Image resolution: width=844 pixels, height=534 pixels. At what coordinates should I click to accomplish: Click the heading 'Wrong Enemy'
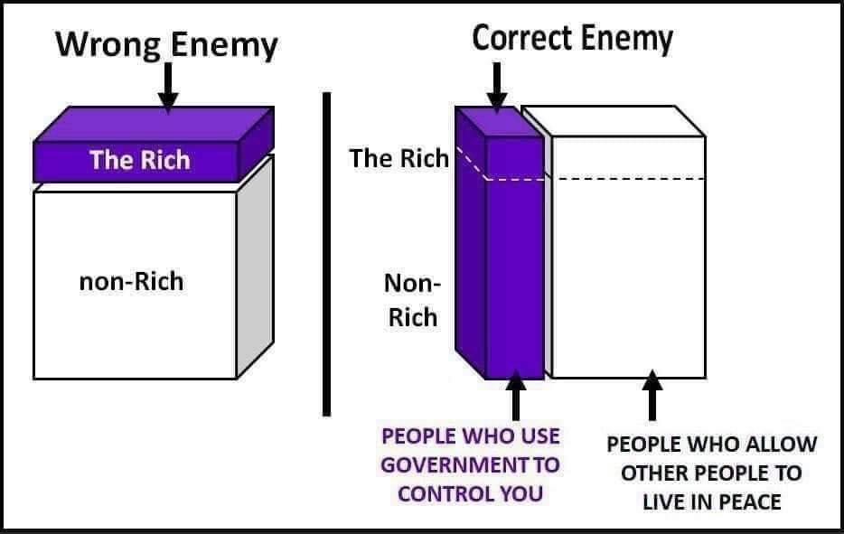point(167,44)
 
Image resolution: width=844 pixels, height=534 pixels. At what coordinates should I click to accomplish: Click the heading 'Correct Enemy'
point(572,39)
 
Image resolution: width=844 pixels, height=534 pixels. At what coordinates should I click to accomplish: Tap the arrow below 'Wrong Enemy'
point(168,86)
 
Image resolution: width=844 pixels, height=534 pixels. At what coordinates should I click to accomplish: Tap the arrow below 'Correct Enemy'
point(497,86)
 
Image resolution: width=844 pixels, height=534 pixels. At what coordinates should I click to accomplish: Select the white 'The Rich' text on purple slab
point(140,160)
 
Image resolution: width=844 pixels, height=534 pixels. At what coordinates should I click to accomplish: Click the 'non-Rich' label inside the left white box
point(131,282)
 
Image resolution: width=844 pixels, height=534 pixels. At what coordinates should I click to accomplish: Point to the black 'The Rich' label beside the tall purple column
point(399,158)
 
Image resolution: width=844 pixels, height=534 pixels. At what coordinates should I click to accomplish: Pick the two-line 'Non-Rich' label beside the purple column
point(412,300)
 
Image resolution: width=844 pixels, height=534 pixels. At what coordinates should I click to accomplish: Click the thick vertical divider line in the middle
point(327,254)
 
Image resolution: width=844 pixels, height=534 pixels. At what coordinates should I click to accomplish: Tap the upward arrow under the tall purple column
point(516,396)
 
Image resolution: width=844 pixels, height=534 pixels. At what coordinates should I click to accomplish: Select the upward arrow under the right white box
point(652,396)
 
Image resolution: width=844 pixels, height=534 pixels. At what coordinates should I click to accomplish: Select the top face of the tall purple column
point(499,121)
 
